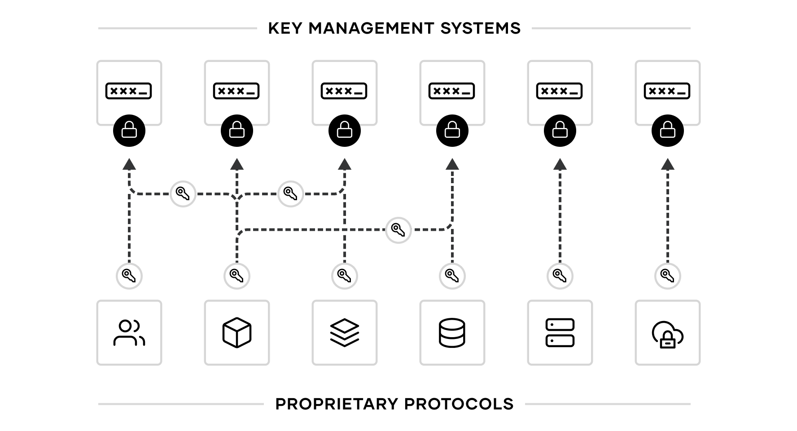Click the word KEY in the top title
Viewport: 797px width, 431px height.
[285, 28]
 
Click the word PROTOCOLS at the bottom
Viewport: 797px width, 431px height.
[459, 404]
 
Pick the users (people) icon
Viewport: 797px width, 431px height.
[129, 333]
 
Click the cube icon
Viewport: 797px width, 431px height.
[237, 333]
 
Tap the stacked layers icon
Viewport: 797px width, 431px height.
[345, 333]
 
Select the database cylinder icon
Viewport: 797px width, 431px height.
[452, 333]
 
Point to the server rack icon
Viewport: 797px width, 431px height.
[560, 333]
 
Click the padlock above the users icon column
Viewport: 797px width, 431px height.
[129, 130]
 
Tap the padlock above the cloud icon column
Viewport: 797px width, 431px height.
[668, 130]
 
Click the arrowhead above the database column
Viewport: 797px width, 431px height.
[452, 164]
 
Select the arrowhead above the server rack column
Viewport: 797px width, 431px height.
[560, 164]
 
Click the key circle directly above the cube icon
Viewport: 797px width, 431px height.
[237, 276]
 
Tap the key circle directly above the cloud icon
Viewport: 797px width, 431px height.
[668, 276]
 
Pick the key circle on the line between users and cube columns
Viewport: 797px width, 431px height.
[183, 194]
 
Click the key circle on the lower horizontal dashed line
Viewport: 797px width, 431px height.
[398, 230]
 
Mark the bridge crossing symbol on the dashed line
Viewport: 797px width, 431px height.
[345, 230]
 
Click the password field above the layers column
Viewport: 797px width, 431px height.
[345, 91]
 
